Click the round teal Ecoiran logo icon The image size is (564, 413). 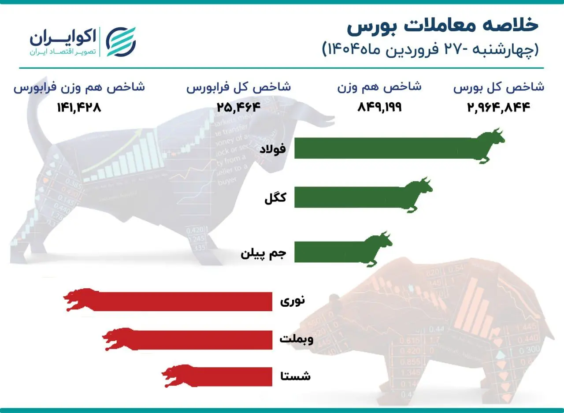[122, 41]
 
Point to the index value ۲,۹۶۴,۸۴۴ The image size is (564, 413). [499, 108]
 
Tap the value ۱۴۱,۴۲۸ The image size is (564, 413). [79, 108]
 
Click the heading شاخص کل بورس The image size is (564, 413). [499, 87]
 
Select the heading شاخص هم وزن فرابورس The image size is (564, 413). [79, 87]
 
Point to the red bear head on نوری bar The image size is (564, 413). [79, 300]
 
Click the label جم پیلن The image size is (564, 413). [263, 254]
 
